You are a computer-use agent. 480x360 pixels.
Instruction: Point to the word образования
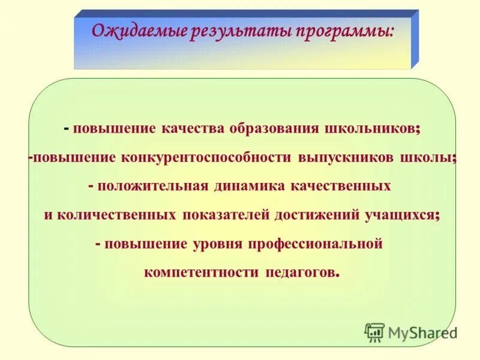(x=274, y=129)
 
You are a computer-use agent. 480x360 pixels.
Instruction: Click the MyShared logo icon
(x=375, y=332)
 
